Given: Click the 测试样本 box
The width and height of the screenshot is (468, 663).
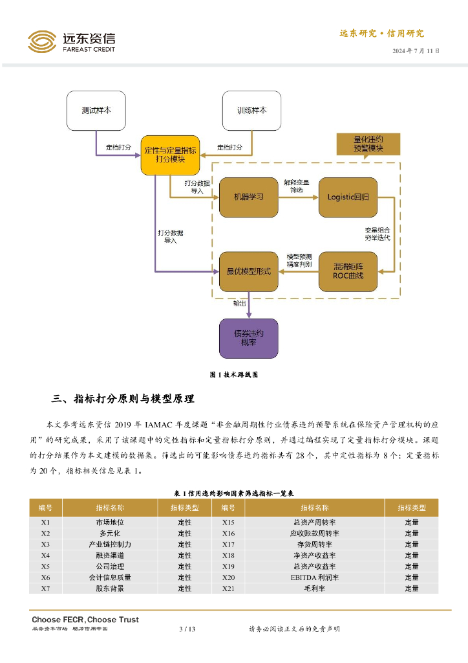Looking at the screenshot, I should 96,111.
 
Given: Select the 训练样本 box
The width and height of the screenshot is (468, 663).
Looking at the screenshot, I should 251,111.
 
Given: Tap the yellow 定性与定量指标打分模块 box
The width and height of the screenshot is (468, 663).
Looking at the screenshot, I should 170,155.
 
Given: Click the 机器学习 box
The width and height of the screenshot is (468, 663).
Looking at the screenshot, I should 248,197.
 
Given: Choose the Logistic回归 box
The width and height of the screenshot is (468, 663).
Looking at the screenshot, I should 348,197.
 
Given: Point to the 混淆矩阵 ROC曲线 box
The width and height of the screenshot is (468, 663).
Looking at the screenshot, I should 348,271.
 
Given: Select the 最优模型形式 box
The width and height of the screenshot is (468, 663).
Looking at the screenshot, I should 248,271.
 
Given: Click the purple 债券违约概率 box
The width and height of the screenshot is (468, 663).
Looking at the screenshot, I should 248,338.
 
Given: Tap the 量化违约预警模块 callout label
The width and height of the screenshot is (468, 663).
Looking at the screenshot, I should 368,144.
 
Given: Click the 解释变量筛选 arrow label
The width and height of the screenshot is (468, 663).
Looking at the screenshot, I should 297,186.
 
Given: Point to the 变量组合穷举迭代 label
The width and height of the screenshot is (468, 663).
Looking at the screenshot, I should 378,234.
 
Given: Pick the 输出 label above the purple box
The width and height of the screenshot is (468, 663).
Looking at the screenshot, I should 240,303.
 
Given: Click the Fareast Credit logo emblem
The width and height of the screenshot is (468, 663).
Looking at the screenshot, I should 42,42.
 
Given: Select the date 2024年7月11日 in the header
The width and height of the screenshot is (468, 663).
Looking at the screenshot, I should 416,51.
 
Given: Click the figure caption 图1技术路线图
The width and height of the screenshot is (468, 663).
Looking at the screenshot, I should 234,375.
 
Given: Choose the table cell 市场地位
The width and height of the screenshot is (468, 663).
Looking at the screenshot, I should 110,523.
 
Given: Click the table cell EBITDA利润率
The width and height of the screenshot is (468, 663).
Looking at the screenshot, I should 314,578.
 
